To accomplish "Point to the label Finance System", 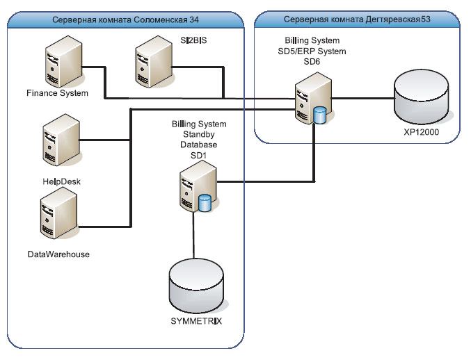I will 57,92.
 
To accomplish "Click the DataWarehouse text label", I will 58,254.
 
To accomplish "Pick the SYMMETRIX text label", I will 196,322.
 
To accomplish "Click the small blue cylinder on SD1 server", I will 205,203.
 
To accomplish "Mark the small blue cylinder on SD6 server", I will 319,115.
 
